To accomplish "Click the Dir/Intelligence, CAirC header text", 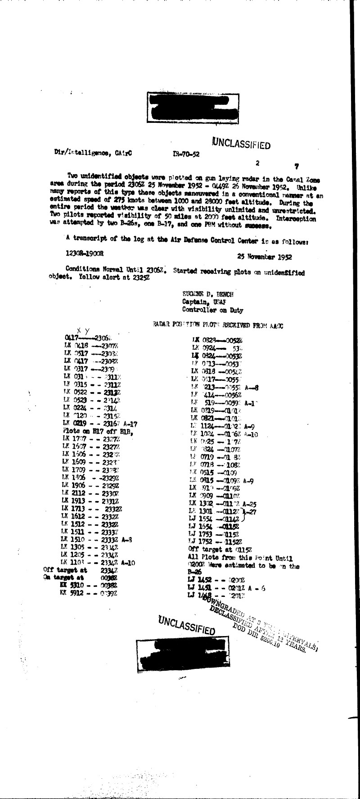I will point(90,153).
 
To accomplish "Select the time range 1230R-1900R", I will point(85,253).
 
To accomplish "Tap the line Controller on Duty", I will point(212,310).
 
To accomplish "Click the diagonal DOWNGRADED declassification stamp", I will point(261,623).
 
